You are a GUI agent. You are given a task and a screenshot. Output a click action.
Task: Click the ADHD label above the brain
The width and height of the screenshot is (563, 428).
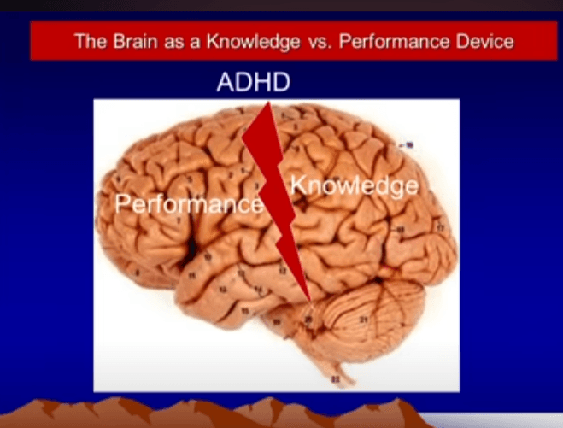pos(254,84)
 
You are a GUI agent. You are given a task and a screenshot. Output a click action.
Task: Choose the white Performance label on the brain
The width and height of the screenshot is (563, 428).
pos(188,205)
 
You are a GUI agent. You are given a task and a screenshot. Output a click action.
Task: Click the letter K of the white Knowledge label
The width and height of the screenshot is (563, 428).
pos(298,183)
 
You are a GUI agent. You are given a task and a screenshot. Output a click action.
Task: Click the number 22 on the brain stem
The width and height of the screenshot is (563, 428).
pos(335,378)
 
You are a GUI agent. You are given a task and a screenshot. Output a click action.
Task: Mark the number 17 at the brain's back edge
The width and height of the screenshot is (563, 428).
pos(441,228)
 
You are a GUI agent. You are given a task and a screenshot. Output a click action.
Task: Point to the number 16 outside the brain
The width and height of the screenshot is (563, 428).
pos(410,145)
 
